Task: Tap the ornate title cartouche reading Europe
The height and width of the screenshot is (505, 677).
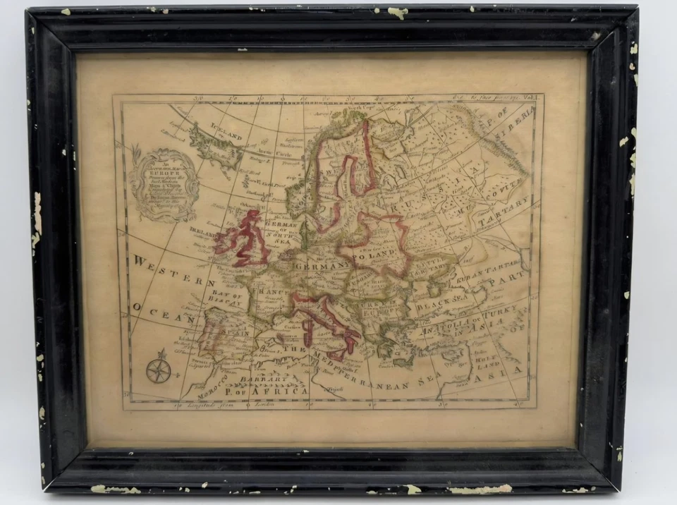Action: coord(164,184)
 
